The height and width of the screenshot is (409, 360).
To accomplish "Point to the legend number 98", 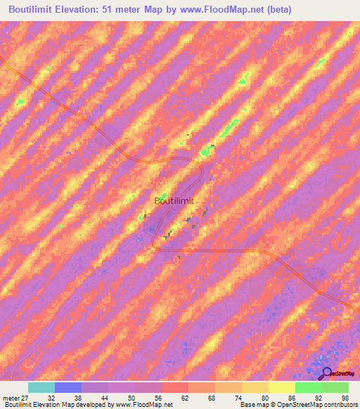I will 345,397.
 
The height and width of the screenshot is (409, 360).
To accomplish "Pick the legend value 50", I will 131,397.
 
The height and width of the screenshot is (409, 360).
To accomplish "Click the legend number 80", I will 265,397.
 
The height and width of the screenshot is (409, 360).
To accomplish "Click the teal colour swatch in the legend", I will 41,387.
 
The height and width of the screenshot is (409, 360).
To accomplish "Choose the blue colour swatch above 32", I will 68,387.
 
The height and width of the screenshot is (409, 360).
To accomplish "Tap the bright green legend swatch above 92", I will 308,387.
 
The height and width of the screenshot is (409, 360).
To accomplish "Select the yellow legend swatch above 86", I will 281,387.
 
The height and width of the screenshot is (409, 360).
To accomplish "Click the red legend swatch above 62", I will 174,387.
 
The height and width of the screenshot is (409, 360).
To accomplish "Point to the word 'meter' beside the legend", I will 11,397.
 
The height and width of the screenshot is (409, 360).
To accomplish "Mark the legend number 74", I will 238,397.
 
